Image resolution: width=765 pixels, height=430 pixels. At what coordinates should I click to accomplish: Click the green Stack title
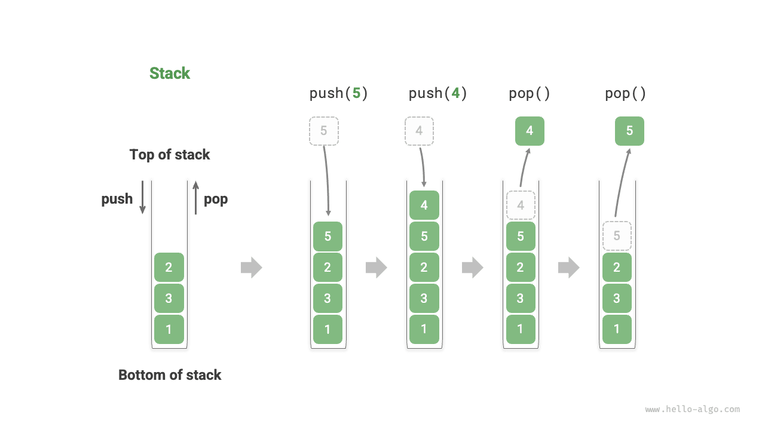[170, 73]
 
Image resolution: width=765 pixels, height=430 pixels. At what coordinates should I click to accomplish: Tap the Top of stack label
[170, 155]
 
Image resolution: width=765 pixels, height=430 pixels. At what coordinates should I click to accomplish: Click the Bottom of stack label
[170, 375]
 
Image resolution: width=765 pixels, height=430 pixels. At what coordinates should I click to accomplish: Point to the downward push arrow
[142, 197]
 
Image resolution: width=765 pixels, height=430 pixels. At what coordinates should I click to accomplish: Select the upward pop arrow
[195, 197]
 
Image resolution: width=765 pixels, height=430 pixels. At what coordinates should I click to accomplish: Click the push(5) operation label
[338, 93]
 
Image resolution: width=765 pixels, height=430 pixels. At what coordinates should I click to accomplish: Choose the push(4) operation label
[437, 93]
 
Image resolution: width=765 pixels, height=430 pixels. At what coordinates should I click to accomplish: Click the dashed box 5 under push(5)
[324, 131]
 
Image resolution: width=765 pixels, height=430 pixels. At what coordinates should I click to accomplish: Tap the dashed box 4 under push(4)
[419, 131]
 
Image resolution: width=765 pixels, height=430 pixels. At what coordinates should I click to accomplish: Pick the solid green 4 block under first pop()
[530, 131]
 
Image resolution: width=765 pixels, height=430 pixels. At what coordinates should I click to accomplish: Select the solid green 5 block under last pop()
[629, 131]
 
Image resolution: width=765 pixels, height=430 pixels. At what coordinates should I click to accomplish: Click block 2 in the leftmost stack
[169, 267]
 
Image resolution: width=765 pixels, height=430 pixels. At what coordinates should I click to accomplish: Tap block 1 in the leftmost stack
[169, 329]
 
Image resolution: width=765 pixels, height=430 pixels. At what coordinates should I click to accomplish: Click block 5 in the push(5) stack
[328, 236]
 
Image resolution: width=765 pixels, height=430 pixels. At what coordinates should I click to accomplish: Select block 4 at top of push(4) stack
[424, 205]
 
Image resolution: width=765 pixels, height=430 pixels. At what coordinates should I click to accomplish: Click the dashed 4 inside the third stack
[521, 205]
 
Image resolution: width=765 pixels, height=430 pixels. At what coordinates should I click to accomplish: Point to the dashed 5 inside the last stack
[617, 236]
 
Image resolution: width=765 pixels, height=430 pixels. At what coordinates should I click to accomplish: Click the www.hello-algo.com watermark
[692, 410]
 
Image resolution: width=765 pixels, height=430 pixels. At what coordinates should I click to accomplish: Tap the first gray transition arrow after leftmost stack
[251, 267]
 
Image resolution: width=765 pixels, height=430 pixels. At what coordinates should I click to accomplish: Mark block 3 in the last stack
[617, 298]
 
